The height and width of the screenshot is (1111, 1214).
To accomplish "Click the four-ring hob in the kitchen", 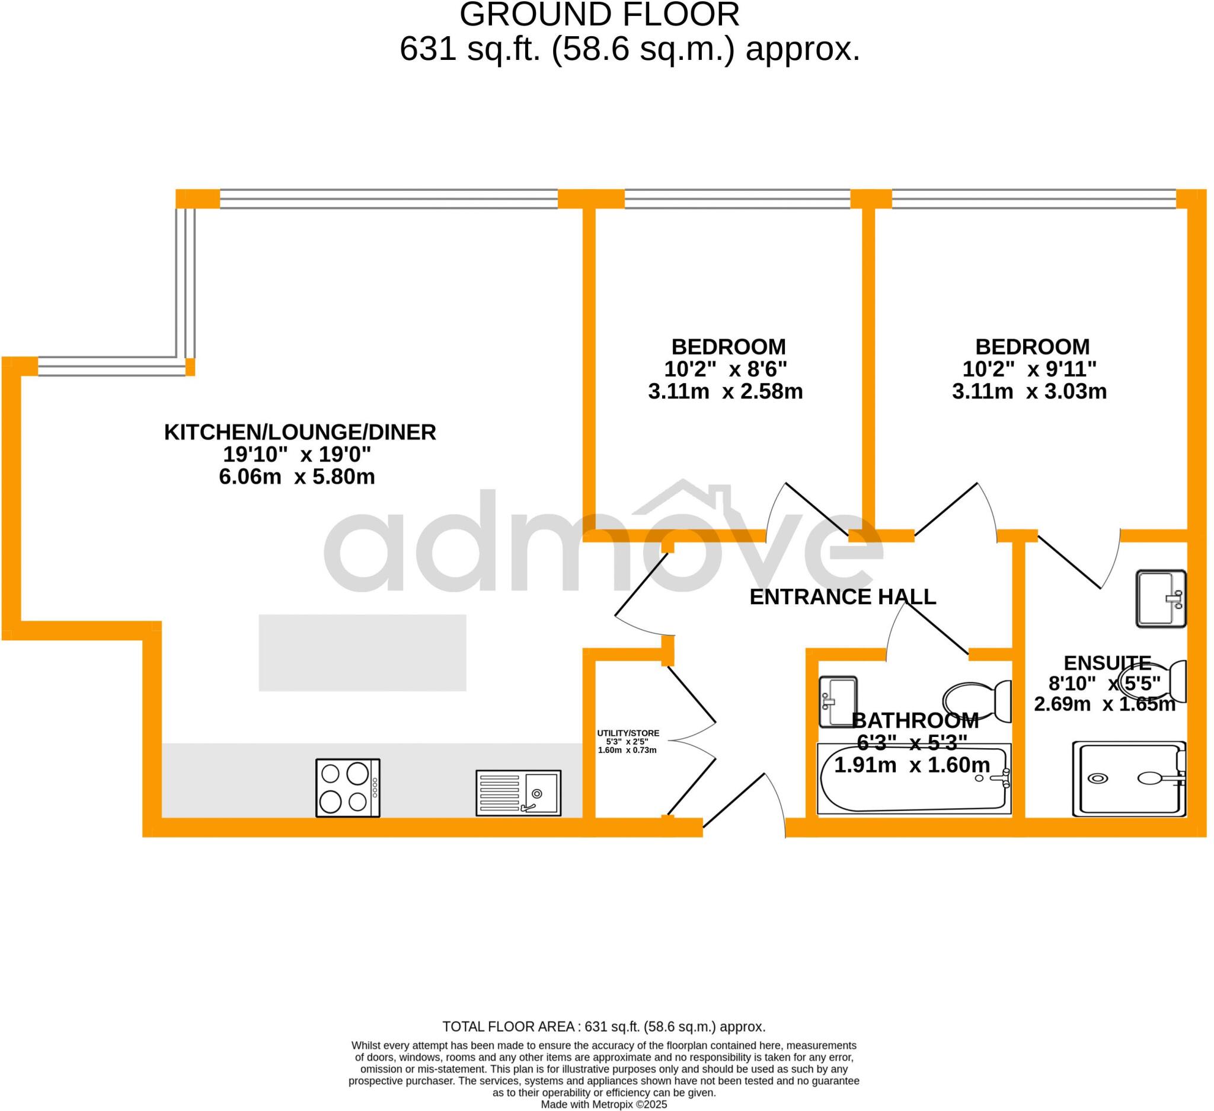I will point(348,788).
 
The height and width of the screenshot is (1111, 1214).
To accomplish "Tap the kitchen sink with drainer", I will point(519,793).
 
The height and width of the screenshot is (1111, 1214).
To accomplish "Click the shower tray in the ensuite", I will point(1129,779).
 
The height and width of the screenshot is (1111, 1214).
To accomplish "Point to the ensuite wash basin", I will point(1161,599).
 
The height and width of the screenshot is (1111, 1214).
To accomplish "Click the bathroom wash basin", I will point(838,701).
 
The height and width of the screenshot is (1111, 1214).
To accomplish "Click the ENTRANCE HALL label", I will point(842,597).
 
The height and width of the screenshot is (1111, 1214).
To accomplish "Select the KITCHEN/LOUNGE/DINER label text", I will point(300,432).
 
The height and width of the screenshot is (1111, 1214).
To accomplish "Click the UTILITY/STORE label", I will point(628,733).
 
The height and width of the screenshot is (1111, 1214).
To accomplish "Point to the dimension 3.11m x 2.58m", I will point(725,391).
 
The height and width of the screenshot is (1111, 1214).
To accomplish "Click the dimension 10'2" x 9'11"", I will point(1029,369).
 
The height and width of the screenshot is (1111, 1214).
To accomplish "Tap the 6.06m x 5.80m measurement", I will point(296,477).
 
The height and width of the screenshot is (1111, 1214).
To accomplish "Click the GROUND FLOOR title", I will point(599,14).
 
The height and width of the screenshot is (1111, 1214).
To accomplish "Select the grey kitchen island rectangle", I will point(363,653).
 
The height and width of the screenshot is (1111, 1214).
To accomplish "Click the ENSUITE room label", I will point(1107,663).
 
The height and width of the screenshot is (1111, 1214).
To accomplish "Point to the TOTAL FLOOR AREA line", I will point(604,1027).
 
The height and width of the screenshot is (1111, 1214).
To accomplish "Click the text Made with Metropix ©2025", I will point(604,1104).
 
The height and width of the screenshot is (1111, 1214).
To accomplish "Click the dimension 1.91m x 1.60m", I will point(912,765).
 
